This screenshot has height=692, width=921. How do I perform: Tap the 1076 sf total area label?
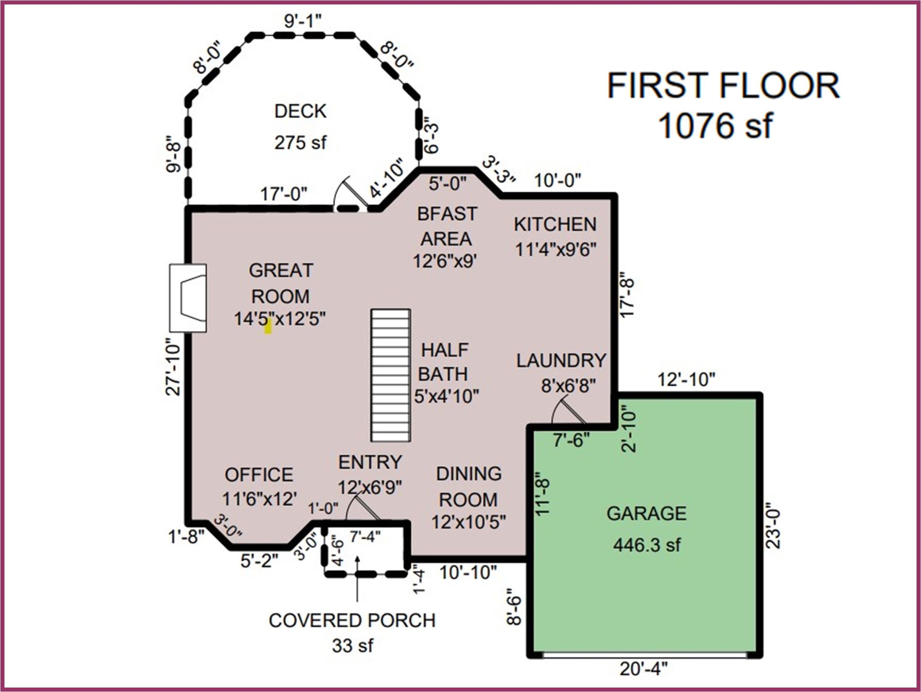click(715, 125)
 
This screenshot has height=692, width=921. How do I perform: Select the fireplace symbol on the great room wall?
click(188, 298)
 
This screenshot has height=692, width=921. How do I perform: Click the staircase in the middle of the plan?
click(390, 375)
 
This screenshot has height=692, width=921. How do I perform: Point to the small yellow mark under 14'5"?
click(268, 326)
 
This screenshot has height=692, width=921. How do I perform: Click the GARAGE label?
click(647, 513)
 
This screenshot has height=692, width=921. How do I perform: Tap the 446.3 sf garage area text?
click(647, 545)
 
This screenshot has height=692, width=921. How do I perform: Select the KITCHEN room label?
click(555, 224)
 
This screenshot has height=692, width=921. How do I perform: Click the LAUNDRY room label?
click(561, 361)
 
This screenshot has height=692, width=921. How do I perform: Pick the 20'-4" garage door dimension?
click(644, 669)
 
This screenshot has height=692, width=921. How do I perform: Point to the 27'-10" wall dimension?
click(173, 367)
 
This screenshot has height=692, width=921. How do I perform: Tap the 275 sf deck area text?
click(300, 143)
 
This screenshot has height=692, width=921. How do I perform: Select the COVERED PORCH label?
click(352, 621)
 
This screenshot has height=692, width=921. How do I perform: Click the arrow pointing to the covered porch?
click(357, 579)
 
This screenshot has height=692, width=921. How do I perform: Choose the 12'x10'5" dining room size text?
click(469, 522)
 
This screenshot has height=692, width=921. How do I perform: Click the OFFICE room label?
click(259, 475)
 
